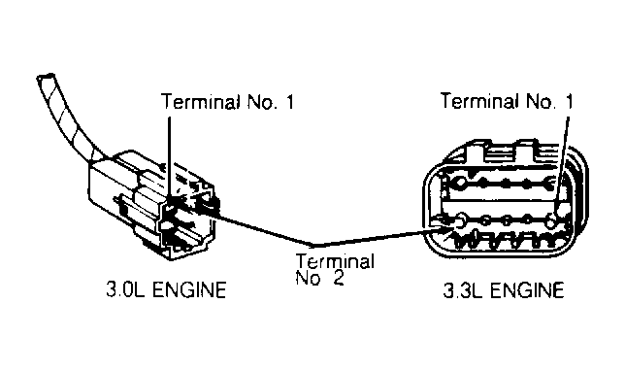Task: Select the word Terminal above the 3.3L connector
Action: pos(479,100)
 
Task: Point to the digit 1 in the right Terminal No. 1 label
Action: pos(569,101)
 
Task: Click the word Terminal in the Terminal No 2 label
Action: pos(335,261)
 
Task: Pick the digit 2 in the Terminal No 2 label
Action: pos(338,278)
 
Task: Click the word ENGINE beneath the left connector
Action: pos(189,289)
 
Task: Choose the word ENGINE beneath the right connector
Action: pos(527,290)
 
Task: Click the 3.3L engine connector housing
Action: pos(506,199)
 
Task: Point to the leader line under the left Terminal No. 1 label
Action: pos(169,158)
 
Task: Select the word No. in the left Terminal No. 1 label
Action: pos(262,102)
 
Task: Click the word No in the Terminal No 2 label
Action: pos(308,278)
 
